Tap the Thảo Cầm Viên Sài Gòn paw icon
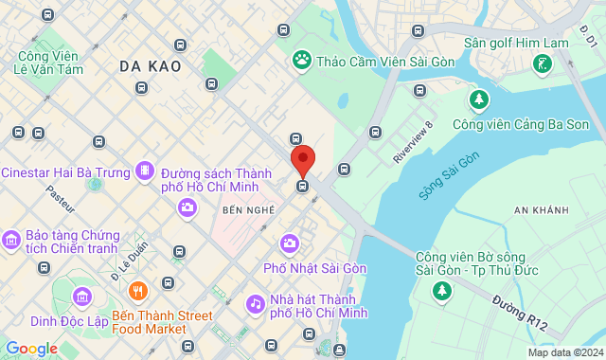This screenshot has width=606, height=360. point(302,60)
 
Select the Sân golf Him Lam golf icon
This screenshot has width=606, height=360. point(543,64)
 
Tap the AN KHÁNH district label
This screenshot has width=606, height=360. point(541,209)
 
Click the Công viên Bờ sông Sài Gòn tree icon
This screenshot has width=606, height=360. point(442,291)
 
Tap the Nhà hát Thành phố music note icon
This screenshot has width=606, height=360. point(255,304)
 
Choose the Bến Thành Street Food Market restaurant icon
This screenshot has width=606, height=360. point(139,290)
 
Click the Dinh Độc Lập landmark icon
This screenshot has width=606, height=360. point(81,298)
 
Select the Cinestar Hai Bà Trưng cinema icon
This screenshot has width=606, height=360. point(144,171)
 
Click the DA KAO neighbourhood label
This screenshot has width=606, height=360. point(151,66)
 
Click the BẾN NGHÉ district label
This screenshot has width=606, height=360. point(248,209)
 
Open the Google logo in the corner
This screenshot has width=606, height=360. point(31,349)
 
